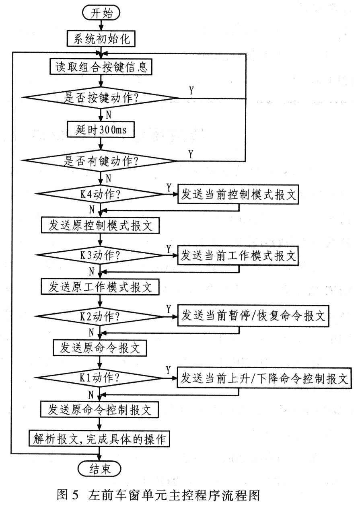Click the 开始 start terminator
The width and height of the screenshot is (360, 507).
101,13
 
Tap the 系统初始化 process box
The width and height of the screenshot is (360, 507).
101,39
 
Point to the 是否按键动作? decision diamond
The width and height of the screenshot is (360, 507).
101,98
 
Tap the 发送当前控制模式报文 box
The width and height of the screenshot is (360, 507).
239,195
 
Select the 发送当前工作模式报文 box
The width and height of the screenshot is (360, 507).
239,256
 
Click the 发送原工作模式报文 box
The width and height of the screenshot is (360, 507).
101,287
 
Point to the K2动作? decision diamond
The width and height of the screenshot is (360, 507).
101,317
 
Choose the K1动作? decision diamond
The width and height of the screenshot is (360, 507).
101,378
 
